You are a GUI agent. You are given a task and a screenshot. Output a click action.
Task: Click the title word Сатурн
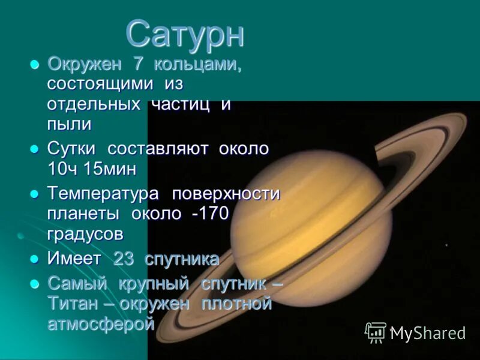point(185,34)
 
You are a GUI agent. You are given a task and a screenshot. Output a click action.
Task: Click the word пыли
point(69,124)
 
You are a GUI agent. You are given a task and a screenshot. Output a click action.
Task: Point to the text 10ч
point(62,169)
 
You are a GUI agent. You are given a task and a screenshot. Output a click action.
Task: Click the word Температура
point(103,194)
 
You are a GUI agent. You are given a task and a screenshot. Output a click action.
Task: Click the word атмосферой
point(101,323)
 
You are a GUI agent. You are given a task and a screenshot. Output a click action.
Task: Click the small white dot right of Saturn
point(446,244)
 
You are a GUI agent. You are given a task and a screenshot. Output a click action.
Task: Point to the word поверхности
point(226,194)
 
